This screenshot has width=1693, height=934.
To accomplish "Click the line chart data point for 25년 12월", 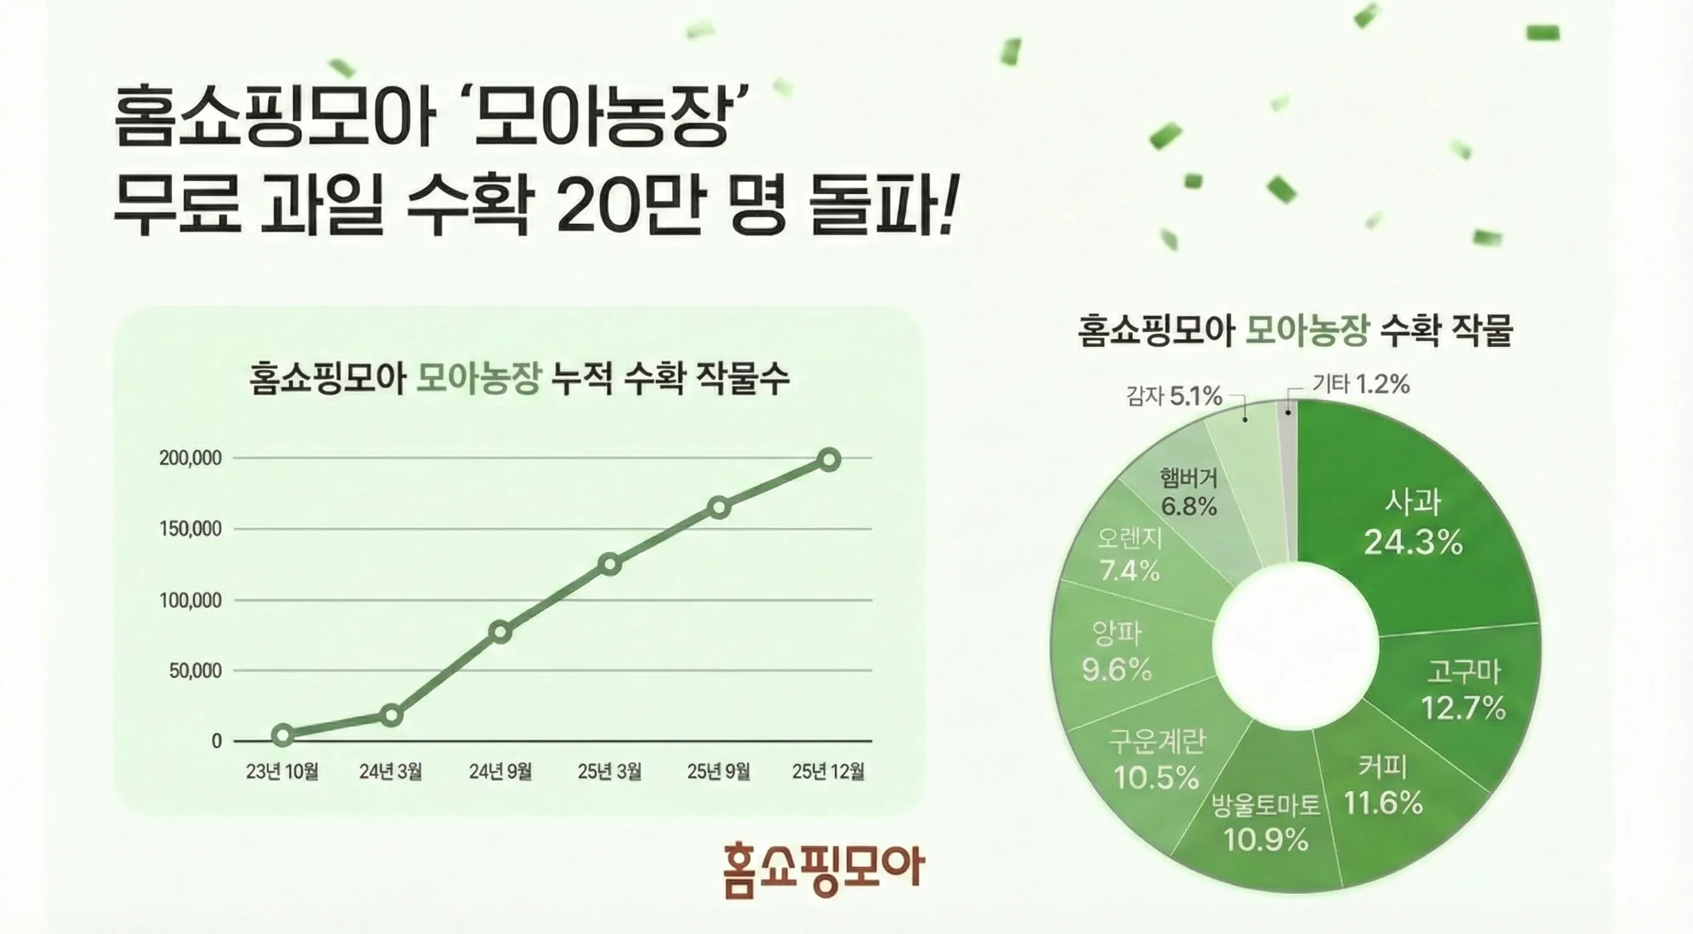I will click(829, 460).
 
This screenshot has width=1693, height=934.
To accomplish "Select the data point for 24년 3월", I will click(392, 715).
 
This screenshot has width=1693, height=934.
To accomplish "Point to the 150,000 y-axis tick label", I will click(190, 529).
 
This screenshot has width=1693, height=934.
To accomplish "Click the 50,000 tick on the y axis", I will click(195, 671).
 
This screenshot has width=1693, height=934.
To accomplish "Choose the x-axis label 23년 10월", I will click(282, 772).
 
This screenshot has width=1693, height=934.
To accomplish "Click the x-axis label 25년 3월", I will click(609, 772).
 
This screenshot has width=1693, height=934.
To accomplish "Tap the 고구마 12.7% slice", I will click(1463, 690).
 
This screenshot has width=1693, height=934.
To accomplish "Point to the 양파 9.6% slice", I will click(1117, 651).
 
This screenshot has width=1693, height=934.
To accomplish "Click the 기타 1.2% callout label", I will click(1361, 384).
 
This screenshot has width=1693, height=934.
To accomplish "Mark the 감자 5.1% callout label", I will click(1174, 396).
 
